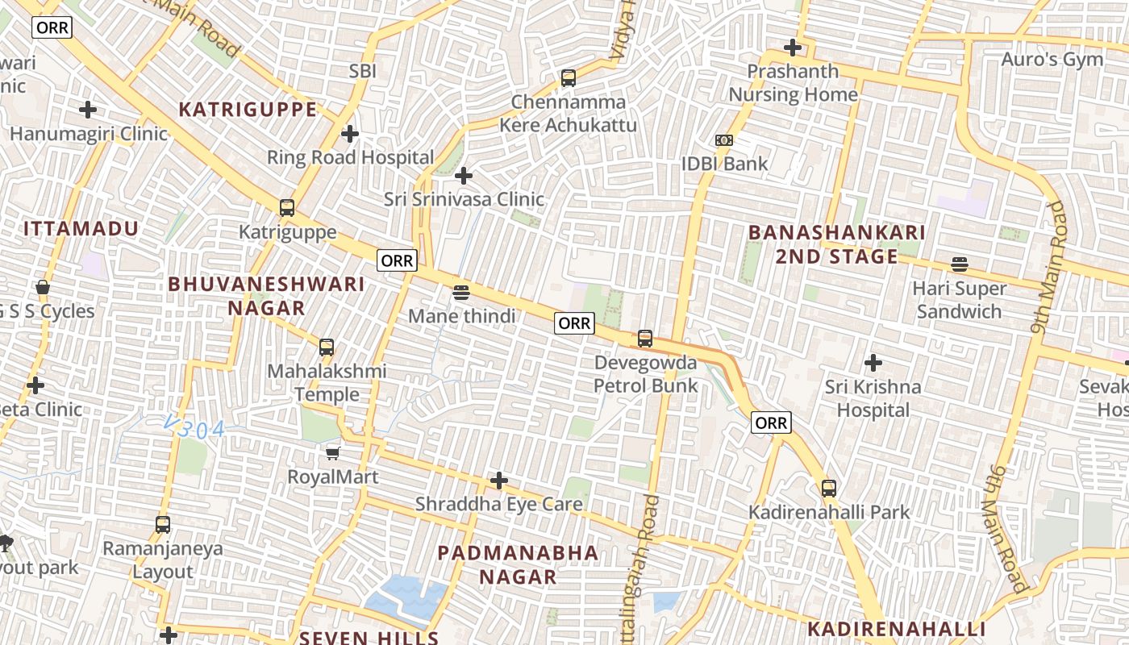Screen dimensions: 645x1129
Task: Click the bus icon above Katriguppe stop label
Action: click(286, 208)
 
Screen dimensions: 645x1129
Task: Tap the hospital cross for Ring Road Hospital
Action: click(350, 133)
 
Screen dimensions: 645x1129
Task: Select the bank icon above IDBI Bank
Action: click(724, 140)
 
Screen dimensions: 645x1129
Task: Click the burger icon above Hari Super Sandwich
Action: click(959, 264)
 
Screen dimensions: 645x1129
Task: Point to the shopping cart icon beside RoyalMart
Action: click(333, 453)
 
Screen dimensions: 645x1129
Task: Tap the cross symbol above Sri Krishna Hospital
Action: click(873, 363)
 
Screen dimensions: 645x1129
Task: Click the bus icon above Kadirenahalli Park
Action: click(829, 488)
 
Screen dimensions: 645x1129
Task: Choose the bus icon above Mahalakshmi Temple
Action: click(327, 347)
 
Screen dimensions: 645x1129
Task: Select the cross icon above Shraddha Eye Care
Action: click(499, 481)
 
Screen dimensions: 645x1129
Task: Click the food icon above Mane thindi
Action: click(461, 292)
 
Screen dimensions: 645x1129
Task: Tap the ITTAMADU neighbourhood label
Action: click(81, 229)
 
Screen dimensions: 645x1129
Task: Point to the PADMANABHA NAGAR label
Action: click(518, 564)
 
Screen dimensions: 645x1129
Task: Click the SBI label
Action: click(363, 71)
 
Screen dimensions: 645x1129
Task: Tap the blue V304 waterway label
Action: click(194, 428)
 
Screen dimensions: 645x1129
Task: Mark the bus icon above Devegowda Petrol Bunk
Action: click(645, 339)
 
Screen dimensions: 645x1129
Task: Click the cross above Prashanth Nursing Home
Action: click(793, 48)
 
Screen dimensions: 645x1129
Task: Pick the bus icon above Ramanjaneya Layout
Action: click(163, 525)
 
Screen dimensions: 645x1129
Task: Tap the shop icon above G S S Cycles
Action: click(43, 287)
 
